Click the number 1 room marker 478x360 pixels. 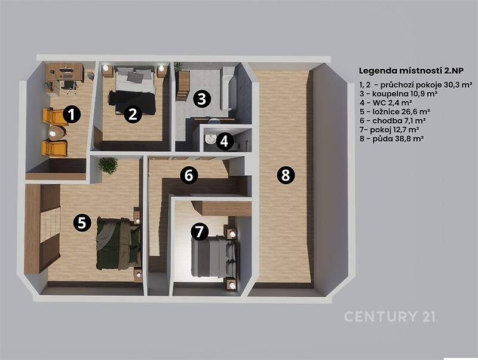click(72, 115)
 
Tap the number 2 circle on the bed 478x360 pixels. click(133, 115)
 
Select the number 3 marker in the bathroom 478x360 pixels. click(201, 99)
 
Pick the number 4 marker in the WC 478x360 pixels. click(224, 141)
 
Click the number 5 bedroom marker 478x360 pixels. click(82, 223)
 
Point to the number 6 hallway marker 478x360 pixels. click(189, 175)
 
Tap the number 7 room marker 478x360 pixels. click(199, 231)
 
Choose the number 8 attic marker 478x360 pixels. click(286, 175)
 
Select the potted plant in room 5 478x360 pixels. click(108, 166)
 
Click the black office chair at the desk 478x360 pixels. click(71, 86)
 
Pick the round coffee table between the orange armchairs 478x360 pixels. click(57, 133)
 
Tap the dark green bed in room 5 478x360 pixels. click(119, 244)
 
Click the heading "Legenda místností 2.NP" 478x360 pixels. click(411, 71)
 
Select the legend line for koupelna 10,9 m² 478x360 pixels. click(399, 93)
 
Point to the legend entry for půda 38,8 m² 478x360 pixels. click(392, 139)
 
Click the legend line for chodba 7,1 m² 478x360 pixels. click(393, 121)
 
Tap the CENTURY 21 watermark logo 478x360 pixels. click(391, 316)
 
